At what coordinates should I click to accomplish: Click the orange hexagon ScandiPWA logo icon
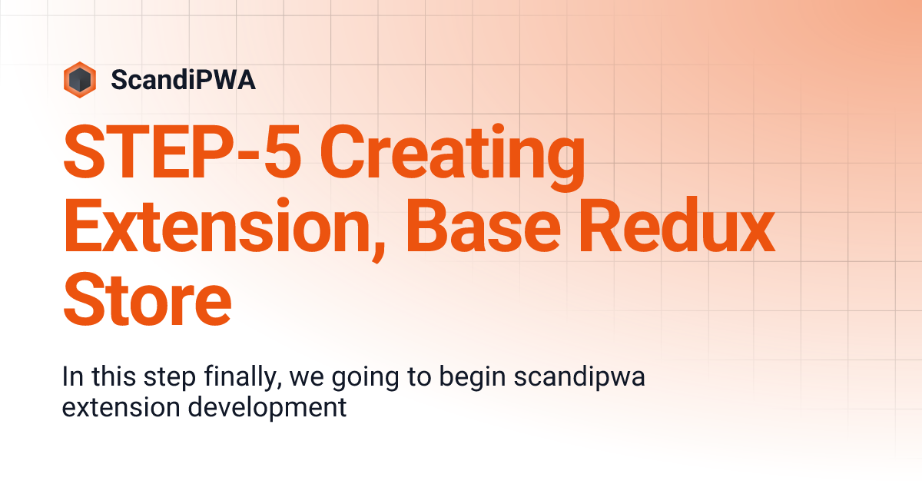coord(80,79)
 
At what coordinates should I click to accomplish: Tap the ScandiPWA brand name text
coord(183,80)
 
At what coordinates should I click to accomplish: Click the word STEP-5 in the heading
coord(181,154)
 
